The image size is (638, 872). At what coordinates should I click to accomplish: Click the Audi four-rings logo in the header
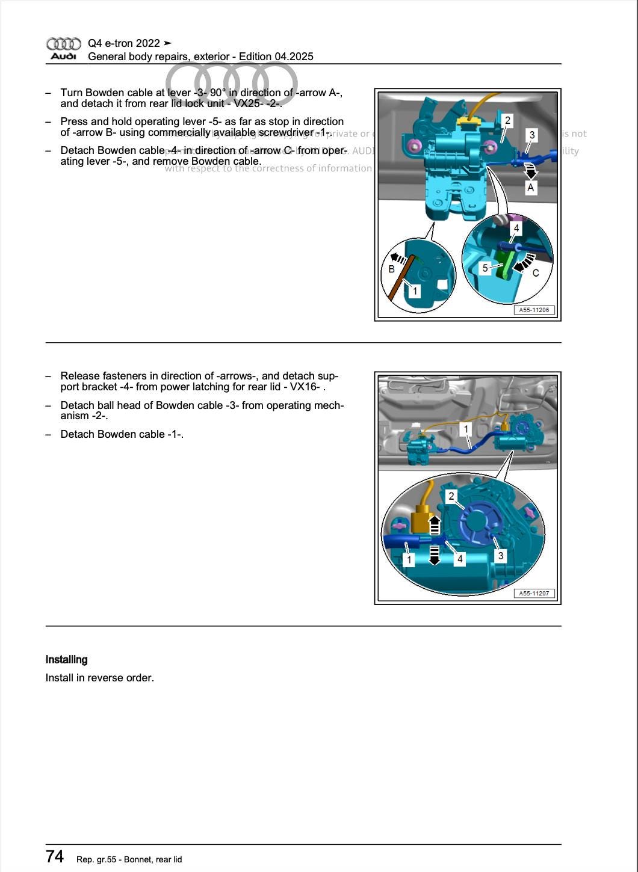(x=63, y=44)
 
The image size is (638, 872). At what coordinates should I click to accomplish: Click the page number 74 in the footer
(x=55, y=856)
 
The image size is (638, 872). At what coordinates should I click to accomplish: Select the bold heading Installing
(x=67, y=660)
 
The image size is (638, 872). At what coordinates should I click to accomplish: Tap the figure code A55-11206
(x=534, y=310)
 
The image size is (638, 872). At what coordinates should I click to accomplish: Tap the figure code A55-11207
(x=534, y=594)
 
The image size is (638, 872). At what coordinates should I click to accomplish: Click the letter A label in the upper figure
(x=530, y=188)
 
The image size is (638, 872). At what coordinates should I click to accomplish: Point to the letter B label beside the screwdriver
(x=392, y=269)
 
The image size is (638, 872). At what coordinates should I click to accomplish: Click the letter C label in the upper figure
(x=536, y=273)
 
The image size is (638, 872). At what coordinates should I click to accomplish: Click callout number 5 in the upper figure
(x=486, y=268)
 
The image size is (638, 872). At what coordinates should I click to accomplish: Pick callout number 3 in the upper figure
(x=532, y=135)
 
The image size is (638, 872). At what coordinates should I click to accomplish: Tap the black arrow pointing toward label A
(x=530, y=171)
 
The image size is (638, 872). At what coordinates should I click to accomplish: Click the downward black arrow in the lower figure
(x=434, y=555)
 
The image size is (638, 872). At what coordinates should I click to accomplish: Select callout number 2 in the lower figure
(x=451, y=496)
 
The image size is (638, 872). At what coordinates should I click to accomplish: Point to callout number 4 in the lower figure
(x=460, y=559)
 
